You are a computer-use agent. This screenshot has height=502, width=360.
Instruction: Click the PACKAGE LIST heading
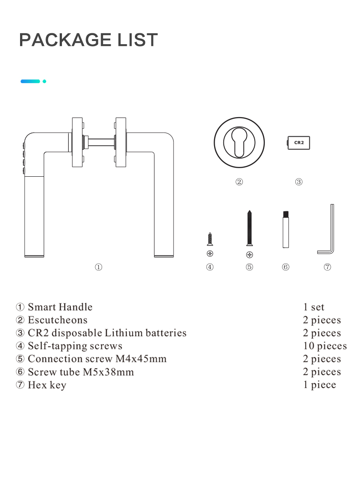tap(88, 40)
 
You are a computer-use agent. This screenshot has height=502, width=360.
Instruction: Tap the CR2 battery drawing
tap(298, 143)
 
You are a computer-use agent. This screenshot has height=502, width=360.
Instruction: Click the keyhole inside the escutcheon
tap(239, 143)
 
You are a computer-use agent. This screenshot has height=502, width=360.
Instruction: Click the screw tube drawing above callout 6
tap(286, 229)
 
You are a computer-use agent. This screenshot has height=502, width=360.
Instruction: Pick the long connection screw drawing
tap(250, 228)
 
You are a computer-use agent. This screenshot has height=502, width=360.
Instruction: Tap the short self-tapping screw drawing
tap(210, 239)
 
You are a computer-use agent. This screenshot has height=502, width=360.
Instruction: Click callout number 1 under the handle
tap(98, 267)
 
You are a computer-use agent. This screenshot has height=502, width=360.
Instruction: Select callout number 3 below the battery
tap(298, 182)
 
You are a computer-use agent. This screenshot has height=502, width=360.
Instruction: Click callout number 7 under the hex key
tap(327, 267)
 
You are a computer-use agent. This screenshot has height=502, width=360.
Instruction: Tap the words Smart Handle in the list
tap(60, 307)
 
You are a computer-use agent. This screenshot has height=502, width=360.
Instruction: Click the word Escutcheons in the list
tap(58, 320)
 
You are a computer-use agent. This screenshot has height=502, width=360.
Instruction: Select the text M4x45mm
tap(141, 359)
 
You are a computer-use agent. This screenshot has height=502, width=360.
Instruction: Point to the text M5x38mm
tap(108, 372)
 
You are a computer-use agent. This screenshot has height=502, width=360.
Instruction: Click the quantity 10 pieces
tap(325, 346)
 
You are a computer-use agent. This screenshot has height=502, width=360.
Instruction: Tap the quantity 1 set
tap(314, 307)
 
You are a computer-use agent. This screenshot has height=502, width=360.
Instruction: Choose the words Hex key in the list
tap(47, 385)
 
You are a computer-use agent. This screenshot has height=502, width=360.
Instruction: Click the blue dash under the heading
tap(31, 82)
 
